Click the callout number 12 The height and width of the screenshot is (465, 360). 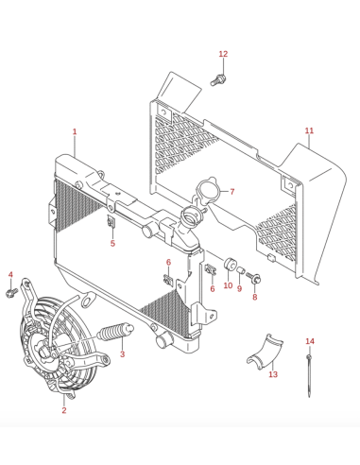pyautogui.click(x=223, y=54)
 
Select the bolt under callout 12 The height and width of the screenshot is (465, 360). pyautogui.click(x=218, y=80)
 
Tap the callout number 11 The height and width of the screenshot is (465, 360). pyautogui.click(x=309, y=130)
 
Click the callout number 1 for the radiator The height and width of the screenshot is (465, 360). pyautogui.click(x=75, y=131)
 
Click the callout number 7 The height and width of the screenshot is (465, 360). pyautogui.click(x=232, y=191)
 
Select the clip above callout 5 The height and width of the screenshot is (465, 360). pyautogui.click(x=111, y=222)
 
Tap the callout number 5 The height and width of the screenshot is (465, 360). pyautogui.click(x=112, y=243)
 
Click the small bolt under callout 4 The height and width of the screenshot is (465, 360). pyautogui.click(x=11, y=293)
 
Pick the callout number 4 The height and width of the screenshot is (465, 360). pyautogui.click(x=10, y=275)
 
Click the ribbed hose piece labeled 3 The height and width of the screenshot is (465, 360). pyautogui.click(x=115, y=333)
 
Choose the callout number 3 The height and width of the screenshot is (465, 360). pyautogui.click(x=122, y=354)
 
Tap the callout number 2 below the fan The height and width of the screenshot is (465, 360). pyautogui.click(x=64, y=410)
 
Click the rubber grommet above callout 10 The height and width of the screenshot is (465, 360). pyautogui.click(x=230, y=264)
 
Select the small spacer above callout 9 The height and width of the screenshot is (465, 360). pyautogui.click(x=241, y=270)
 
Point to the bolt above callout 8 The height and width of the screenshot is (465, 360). pyautogui.click(x=253, y=278)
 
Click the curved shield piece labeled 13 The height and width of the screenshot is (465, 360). pyautogui.click(x=266, y=352)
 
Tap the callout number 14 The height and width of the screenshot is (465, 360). pyautogui.click(x=310, y=341)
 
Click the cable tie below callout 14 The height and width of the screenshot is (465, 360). pyautogui.click(x=309, y=375)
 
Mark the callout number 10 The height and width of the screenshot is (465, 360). pyautogui.click(x=228, y=285)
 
